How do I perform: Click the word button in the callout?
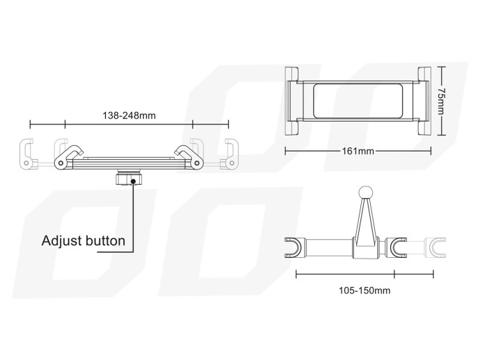click(x=105, y=241)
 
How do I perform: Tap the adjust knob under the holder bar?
click(x=130, y=179)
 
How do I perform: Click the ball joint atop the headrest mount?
click(x=366, y=193)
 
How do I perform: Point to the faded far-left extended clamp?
click(x=27, y=154)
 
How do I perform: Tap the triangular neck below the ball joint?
click(x=366, y=222)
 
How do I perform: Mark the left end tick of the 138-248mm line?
click(x=30, y=126)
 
